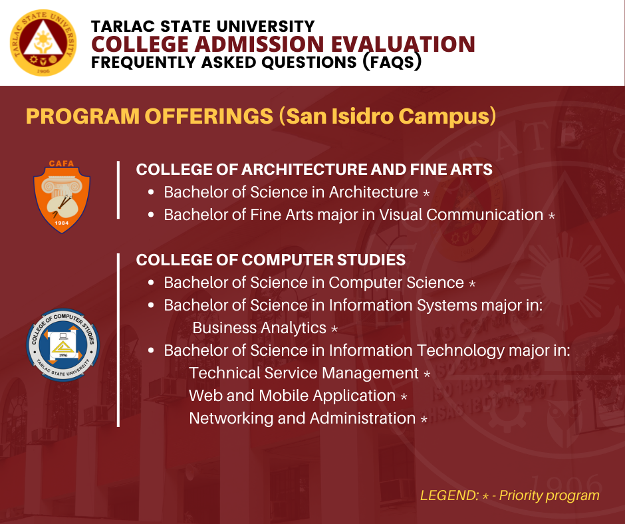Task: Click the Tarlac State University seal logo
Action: (x=43, y=43)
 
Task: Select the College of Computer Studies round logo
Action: (x=63, y=345)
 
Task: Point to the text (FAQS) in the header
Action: (x=392, y=63)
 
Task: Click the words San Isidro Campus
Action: (x=388, y=116)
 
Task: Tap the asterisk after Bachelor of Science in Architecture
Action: (x=426, y=194)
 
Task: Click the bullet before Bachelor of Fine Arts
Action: (x=151, y=215)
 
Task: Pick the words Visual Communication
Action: (x=461, y=215)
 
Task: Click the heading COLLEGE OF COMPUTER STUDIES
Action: (x=271, y=260)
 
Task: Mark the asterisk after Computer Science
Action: (x=472, y=284)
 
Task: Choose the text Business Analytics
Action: (x=259, y=328)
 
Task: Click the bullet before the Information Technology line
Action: (x=151, y=350)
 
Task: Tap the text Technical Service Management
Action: (x=304, y=373)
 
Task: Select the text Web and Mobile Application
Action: (x=292, y=396)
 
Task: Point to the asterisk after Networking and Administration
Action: (x=424, y=420)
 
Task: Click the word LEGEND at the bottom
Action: (x=449, y=495)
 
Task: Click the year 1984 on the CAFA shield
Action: (x=62, y=223)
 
